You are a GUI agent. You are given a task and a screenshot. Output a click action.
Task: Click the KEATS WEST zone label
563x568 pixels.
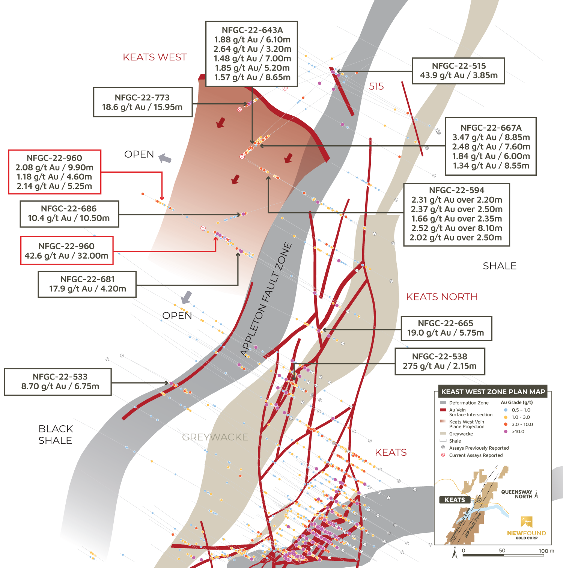(x=155, y=57)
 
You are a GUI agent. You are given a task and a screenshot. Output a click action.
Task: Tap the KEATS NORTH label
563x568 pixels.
(x=442, y=297)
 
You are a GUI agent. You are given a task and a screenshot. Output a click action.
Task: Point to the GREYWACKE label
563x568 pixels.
(x=215, y=437)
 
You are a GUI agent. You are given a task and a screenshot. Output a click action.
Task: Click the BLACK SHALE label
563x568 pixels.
(x=55, y=434)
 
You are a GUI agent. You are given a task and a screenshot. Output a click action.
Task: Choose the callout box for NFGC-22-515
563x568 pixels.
(x=458, y=71)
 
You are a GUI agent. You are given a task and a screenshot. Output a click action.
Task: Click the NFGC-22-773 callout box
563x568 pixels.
(x=143, y=102)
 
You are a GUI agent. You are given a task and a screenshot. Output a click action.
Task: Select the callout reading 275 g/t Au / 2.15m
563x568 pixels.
(x=440, y=361)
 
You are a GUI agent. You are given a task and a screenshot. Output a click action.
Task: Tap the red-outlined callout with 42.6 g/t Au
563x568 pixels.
(x=66, y=251)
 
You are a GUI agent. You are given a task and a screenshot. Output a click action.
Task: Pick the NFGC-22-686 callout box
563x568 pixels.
(x=69, y=214)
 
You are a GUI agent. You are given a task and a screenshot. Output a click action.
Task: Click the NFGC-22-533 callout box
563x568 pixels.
(x=58, y=381)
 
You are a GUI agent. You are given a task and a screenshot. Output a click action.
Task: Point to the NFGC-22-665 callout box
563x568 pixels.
(x=446, y=328)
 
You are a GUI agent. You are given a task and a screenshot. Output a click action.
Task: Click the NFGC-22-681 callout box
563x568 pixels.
(x=87, y=284)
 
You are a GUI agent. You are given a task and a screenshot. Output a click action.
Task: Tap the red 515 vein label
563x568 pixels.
(x=376, y=86)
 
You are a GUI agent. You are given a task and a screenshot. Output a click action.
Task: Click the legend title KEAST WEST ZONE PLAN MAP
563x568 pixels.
(x=493, y=392)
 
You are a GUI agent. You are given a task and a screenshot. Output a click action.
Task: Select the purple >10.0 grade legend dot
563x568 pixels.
(x=506, y=431)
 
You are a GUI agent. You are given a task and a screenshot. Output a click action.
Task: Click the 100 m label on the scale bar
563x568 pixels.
(x=546, y=551)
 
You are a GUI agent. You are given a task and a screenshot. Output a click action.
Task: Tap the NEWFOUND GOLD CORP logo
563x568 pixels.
(x=526, y=528)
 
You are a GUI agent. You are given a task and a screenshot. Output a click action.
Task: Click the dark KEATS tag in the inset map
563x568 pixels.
(x=455, y=500)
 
